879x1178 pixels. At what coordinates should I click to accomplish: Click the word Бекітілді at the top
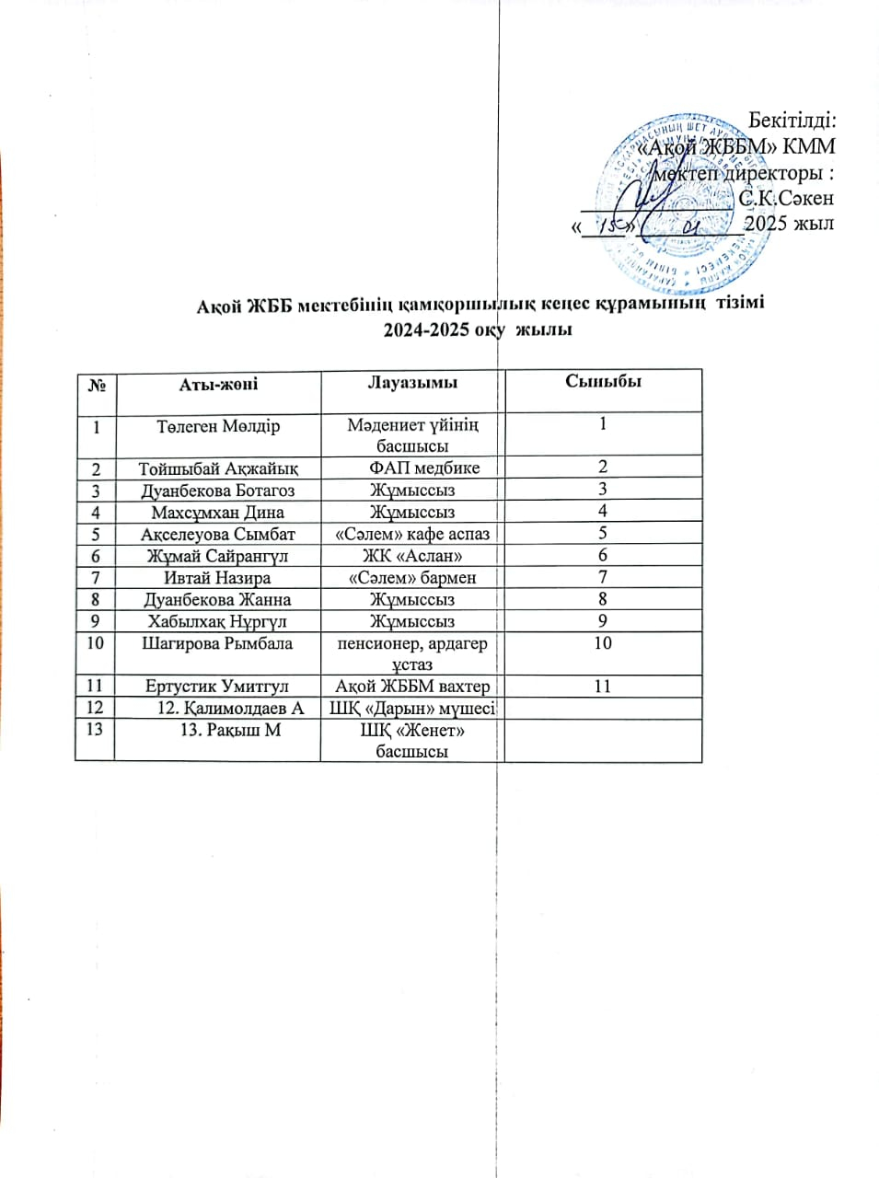(791, 121)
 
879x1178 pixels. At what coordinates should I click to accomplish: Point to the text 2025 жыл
(789, 224)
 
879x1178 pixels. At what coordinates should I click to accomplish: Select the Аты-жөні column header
(218, 384)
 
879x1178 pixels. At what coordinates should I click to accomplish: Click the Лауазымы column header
(412, 383)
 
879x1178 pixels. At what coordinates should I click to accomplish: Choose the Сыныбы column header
(603, 382)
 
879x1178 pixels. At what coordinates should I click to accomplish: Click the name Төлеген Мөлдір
(218, 427)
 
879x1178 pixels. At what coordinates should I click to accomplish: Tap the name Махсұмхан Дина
(218, 513)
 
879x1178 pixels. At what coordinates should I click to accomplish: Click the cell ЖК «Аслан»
(412, 556)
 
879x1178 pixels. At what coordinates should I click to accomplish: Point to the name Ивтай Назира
(217, 578)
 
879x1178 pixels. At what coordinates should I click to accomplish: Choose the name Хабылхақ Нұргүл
(217, 622)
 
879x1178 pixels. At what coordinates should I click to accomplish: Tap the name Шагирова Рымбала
(217, 643)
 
